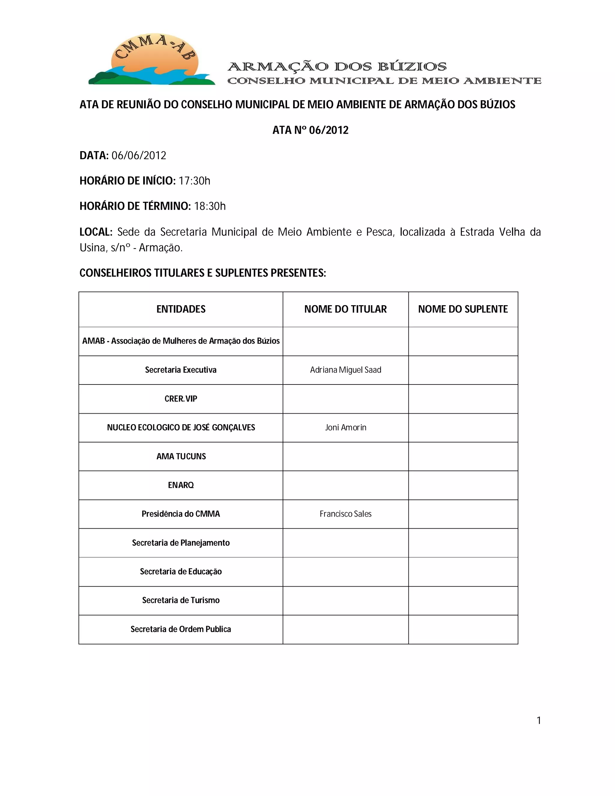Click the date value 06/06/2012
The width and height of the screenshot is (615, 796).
pos(139,156)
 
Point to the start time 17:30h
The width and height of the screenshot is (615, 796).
pos(194,181)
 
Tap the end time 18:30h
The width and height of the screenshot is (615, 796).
pos(210,206)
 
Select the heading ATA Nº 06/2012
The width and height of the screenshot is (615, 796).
pos(311,130)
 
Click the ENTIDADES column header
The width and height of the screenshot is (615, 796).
pos(181,309)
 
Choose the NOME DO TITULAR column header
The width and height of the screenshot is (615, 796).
pos(345,309)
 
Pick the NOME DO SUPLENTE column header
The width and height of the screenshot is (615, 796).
pos(463,309)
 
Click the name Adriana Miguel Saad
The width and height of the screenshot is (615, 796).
pos(345,370)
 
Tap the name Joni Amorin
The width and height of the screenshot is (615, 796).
pos(345,427)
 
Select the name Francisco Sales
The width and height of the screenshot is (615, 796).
pos(345,514)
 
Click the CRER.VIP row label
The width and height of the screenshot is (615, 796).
pos(181,399)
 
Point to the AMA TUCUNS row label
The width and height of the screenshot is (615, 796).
pos(181,456)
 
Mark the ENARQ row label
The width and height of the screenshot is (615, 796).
pos(181,485)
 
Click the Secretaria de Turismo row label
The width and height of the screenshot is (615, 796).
pos(181,600)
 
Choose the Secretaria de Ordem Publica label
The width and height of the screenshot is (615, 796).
pos(181,629)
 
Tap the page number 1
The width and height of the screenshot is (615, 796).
pos(538,721)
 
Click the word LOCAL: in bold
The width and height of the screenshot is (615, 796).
pos(96,232)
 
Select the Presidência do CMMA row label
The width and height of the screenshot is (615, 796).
pos(181,514)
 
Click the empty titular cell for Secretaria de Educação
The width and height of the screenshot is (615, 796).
pos(345,572)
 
